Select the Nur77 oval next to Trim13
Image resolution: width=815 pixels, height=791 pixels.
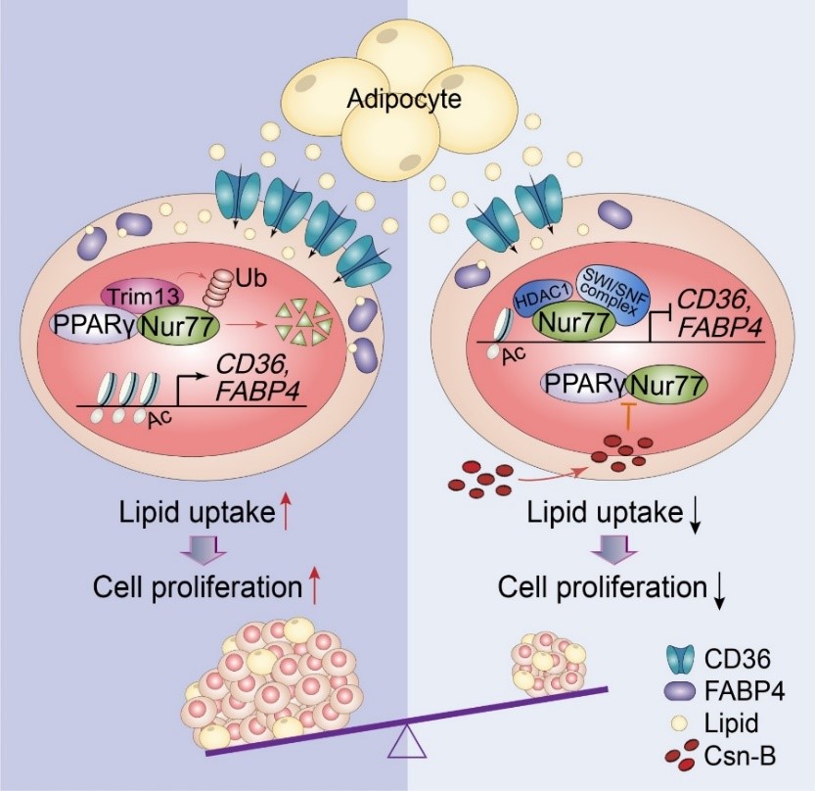[177, 324]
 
